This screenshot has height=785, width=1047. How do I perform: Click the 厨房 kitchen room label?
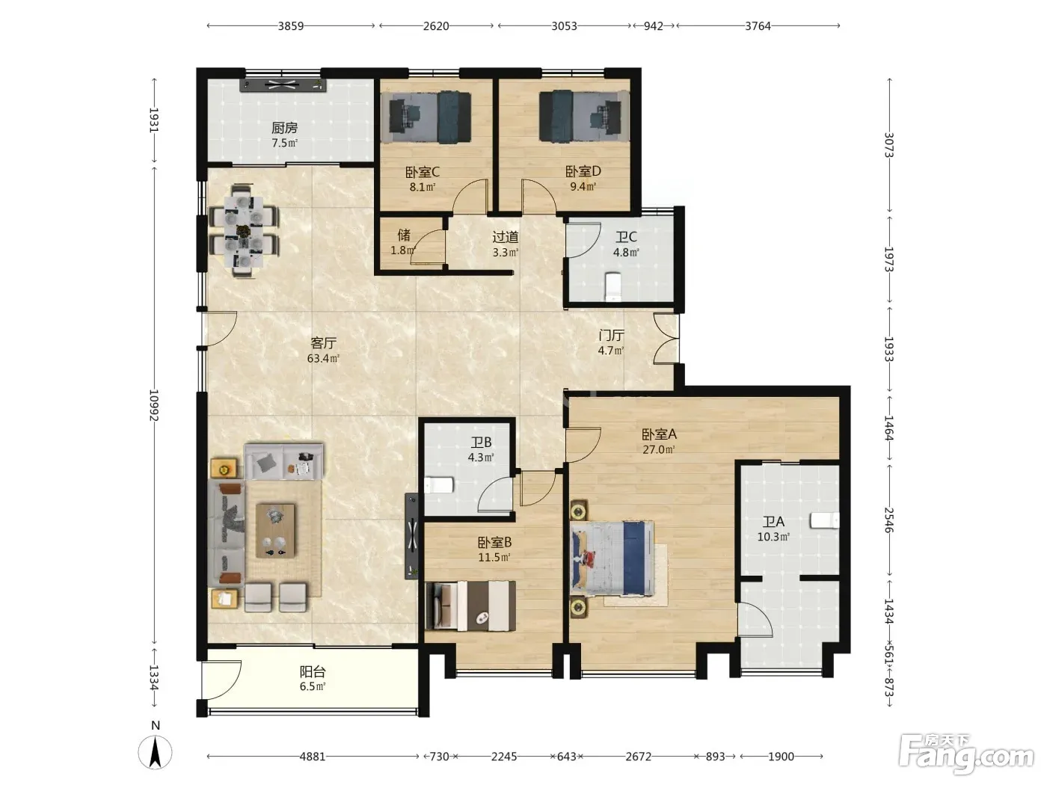click(284, 128)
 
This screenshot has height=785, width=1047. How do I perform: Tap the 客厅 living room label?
click(323, 342)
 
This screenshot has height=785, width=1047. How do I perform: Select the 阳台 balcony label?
click(313, 671)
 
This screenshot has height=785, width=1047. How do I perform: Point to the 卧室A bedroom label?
click(659, 434)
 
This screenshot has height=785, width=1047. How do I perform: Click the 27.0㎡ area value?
click(659, 449)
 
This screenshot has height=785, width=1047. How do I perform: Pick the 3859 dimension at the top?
click(291, 25)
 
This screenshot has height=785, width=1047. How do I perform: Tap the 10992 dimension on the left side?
click(153, 405)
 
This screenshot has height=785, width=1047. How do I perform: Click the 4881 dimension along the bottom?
click(313, 757)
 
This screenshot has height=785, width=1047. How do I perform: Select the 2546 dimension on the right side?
click(889, 520)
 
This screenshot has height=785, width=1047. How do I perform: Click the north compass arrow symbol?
click(155, 751)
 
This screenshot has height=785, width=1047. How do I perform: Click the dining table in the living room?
click(245, 231)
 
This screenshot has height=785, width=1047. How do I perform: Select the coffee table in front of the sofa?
click(276, 531)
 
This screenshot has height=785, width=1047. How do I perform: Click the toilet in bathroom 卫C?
click(612, 286)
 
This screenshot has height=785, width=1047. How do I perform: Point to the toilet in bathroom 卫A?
click(825, 520)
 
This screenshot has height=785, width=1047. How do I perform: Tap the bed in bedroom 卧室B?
click(470, 606)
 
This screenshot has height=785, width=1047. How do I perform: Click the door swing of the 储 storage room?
click(428, 247)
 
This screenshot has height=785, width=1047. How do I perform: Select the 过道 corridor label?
click(505, 236)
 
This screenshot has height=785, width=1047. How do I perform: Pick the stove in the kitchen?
click(283, 85)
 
